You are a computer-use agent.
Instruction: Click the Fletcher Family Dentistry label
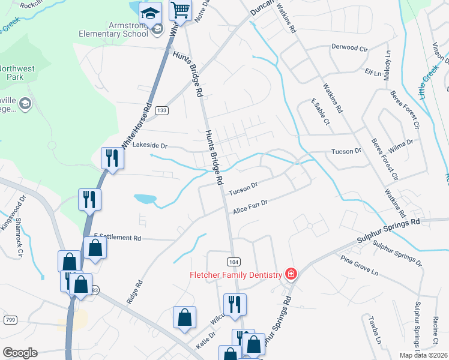click(x=236, y=275)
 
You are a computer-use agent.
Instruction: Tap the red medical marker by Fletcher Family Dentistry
click(x=291, y=274)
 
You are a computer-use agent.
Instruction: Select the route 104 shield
click(x=234, y=262)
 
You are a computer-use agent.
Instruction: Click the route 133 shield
click(x=161, y=110)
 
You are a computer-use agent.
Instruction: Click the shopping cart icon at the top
click(x=180, y=11)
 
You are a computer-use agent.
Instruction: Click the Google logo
click(x=20, y=353)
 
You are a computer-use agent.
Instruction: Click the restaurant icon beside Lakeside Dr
click(x=112, y=158)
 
